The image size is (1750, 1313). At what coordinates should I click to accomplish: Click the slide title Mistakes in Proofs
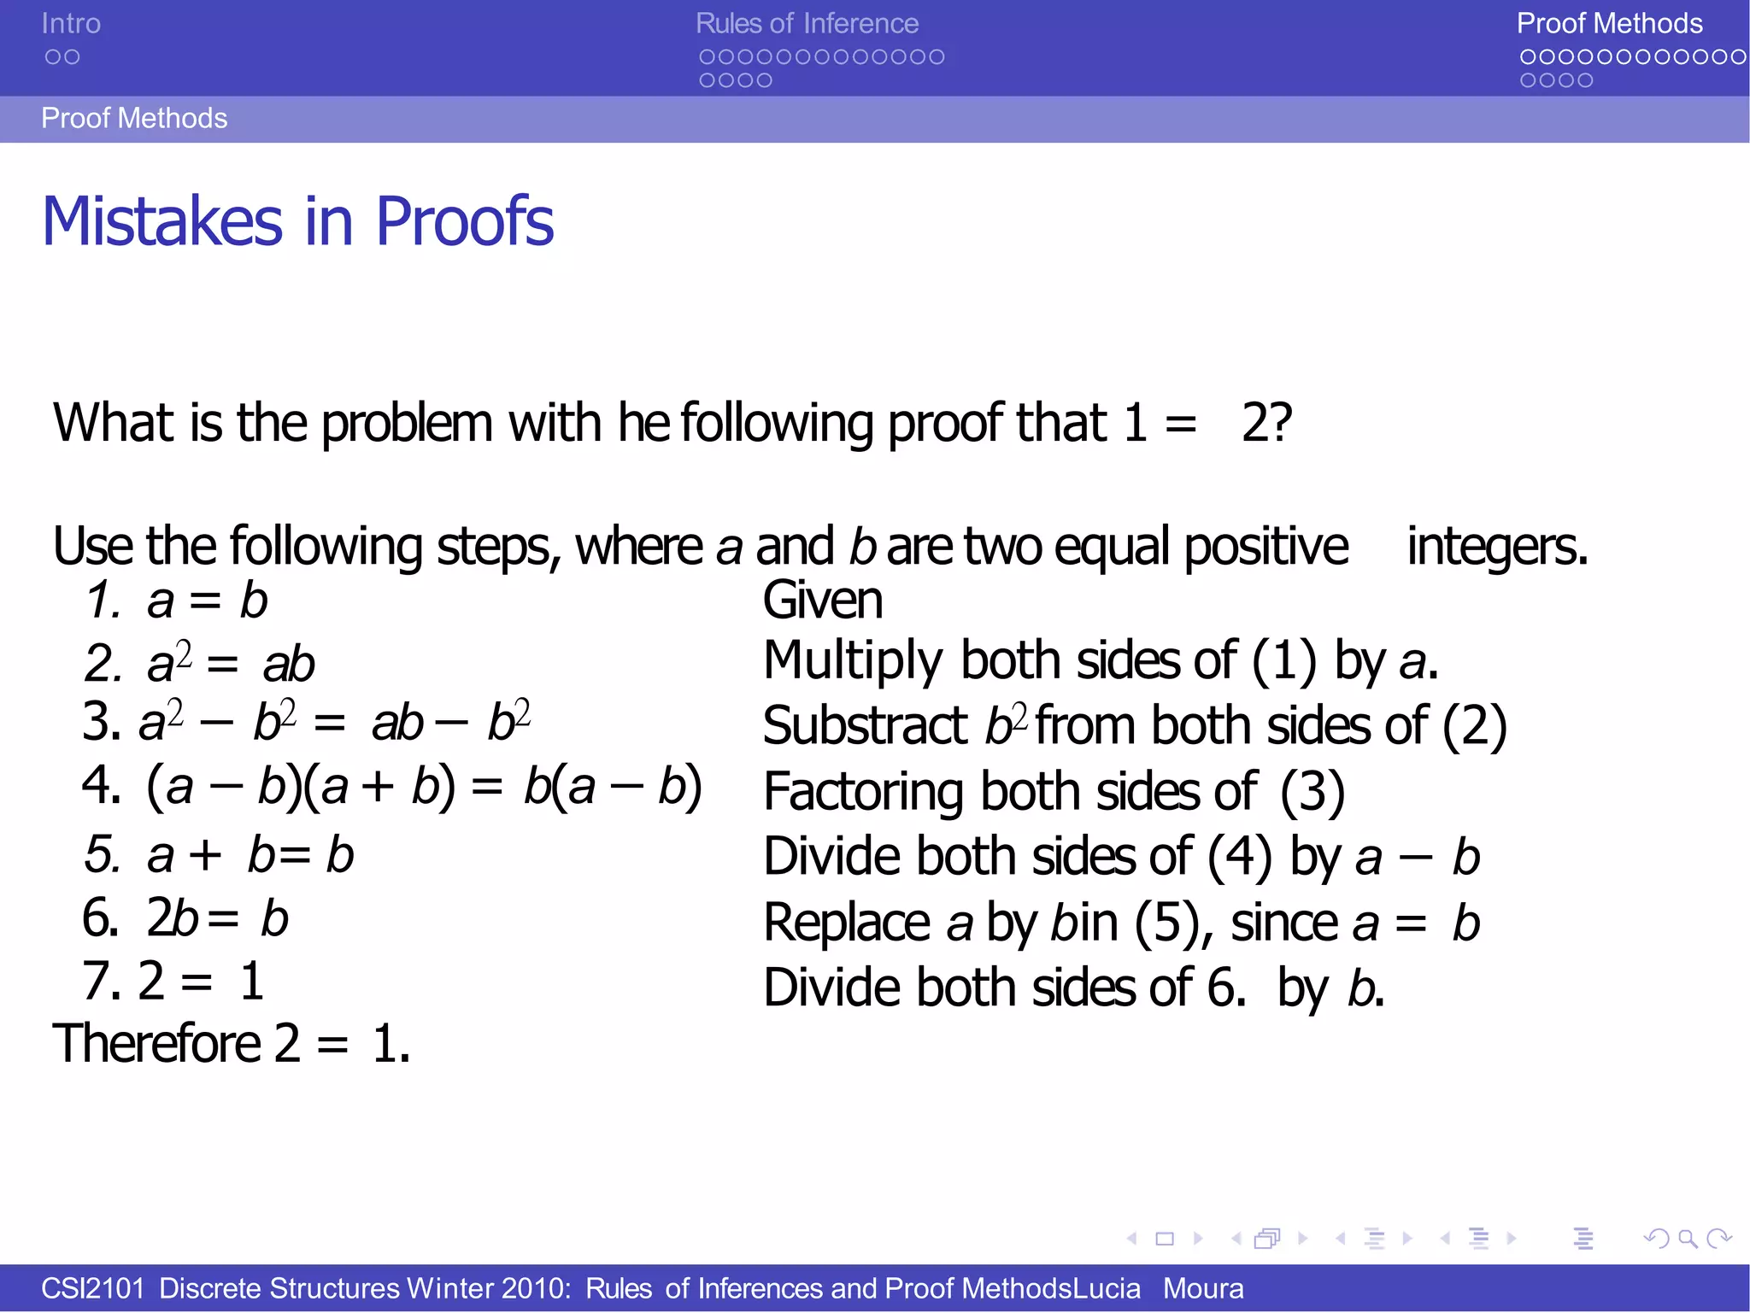(297, 221)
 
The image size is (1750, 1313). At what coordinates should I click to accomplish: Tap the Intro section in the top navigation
(71, 24)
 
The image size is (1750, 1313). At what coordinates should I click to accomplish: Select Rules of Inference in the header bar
(807, 24)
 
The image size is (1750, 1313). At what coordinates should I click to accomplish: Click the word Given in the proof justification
(822, 600)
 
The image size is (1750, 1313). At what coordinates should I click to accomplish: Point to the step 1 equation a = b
(207, 600)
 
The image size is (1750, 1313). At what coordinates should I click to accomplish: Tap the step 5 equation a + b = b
(250, 854)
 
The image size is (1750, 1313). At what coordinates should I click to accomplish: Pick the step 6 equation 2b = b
(217, 918)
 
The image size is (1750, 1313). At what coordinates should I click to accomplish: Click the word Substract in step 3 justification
(865, 726)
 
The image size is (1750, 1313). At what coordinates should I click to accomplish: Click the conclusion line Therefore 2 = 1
(232, 1043)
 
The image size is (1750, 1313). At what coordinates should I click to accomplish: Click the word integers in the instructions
(1497, 546)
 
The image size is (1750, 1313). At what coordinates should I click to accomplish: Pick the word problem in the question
(407, 423)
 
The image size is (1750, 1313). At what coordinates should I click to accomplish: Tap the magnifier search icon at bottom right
(1688, 1238)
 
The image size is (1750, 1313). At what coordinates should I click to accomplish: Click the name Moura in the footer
(1203, 1288)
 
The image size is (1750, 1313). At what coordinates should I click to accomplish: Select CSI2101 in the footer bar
(92, 1288)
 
